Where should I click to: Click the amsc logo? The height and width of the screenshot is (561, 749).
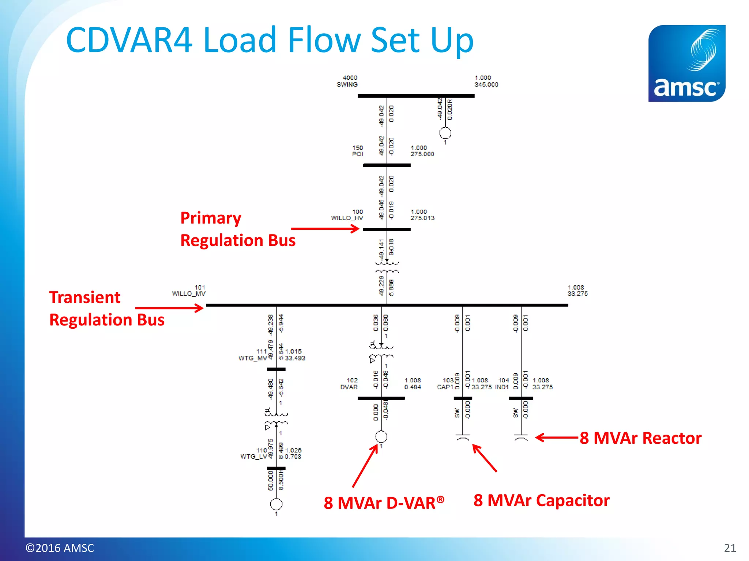(686, 63)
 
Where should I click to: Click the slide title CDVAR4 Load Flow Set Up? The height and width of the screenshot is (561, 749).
(270, 40)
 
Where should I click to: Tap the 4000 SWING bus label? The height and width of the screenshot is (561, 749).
(347, 81)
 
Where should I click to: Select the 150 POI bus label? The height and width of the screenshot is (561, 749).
(358, 151)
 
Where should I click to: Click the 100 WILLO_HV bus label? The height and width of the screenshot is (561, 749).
(347, 215)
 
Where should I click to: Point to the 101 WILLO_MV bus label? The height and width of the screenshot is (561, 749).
(189, 290)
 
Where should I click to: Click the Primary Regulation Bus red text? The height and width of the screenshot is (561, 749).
(238, 229)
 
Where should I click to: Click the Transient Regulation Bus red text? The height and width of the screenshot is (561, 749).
(106, 309)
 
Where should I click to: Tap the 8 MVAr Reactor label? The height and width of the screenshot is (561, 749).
(640, 438)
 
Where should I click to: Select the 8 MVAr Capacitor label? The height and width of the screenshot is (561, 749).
(541, 500)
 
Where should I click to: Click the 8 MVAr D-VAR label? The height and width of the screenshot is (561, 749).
(384, 503)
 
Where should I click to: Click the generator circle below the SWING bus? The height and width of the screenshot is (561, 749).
(445, 133)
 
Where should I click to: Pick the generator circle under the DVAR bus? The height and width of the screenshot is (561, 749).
(381, 436)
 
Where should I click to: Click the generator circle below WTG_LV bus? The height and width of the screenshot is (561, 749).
(276, 504)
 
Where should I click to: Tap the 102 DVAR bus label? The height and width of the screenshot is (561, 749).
(349, 383)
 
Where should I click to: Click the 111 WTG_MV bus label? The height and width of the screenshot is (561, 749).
(253, 355)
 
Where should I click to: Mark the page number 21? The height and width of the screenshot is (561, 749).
(730, 548)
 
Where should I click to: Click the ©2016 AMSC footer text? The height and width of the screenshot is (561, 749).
(60, 548)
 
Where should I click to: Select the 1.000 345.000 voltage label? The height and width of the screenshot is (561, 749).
(486, 81)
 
